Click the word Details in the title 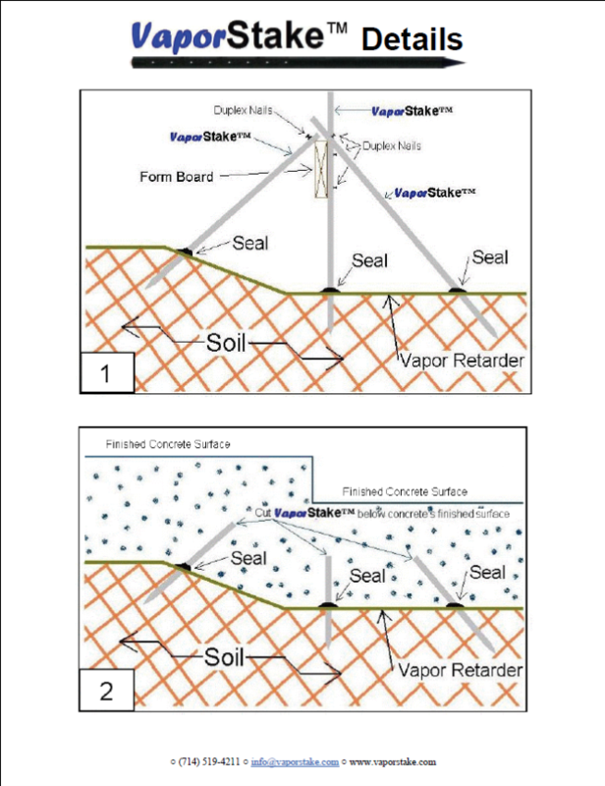click(412, 39)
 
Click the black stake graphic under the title click(299, 63)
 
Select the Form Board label click(177, 177)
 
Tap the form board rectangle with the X click(321, 169)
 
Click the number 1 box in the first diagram click(107, 372)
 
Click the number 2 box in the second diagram click(106, 691)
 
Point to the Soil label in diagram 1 click(226, 343)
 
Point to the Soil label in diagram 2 click(224, 656)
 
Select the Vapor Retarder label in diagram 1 click(462, 361)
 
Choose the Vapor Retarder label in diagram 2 click(461, 670)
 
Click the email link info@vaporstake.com click(295, 762)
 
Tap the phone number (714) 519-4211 click(209, 762)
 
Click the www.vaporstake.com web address click(393, 762)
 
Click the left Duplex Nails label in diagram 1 click(244, 110)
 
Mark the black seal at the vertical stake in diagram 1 click(330, 290)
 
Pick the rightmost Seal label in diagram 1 click(490, 257)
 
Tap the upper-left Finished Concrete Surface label click(168, 444)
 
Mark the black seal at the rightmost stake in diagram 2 click(455, 605)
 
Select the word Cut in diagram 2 click(263, 513)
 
